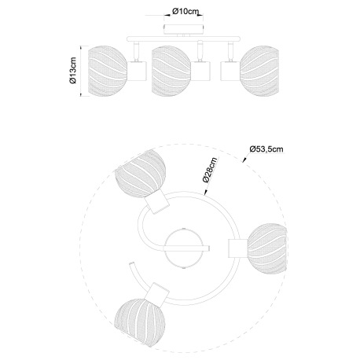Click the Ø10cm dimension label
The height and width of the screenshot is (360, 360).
click(x=186, y=12)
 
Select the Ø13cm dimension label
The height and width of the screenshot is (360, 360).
click(x=72, y=71)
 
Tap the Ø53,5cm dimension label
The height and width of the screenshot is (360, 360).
click(x=266, y=149)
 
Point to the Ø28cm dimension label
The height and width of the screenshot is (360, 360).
click(x=210, y=170)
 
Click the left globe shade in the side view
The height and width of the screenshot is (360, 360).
click(x=108, y=71)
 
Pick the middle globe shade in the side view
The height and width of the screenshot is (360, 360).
click(x=171, y=72)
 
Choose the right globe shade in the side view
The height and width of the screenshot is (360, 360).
click(x=259, y=71)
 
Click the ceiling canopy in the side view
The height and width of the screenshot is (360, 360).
click(x=184, y=30)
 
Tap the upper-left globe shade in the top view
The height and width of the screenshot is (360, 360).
click(x=140, y=174)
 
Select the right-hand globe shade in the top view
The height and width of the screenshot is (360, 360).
click(x=267, y=248)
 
